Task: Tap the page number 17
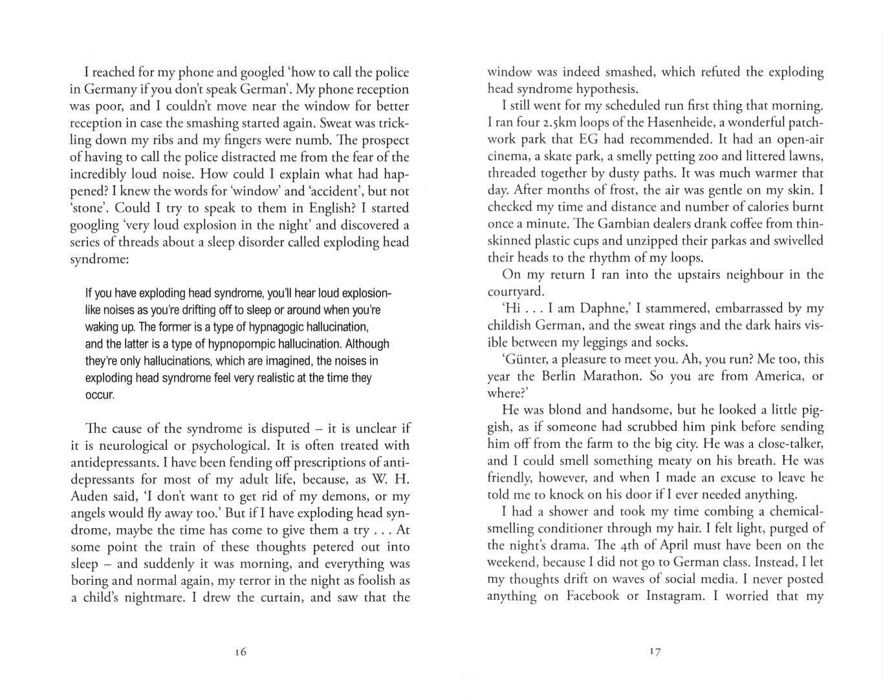point(655,652)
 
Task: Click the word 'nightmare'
point(151,597)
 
